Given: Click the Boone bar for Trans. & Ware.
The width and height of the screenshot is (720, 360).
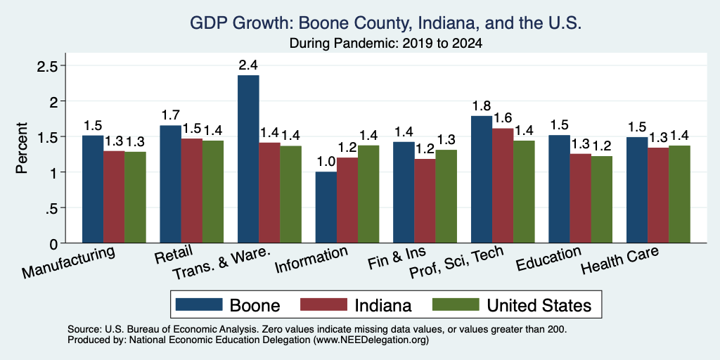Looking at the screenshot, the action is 248,159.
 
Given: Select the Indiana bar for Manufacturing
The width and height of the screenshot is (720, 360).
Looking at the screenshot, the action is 114,197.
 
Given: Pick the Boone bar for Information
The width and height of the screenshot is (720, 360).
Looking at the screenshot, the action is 326,207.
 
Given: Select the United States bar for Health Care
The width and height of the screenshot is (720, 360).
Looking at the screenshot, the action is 680,194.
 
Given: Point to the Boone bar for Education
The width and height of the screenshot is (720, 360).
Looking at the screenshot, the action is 559,189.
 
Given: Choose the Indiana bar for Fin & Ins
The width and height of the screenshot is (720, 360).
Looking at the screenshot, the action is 425,201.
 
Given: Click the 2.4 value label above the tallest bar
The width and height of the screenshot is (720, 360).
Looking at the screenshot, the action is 248,65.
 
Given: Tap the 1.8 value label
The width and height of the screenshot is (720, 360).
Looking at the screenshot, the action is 482,106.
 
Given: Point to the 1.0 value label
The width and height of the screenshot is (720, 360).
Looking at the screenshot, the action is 326,162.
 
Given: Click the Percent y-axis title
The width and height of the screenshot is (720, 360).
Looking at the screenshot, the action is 22,148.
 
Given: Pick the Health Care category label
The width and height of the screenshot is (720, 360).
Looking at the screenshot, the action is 619,260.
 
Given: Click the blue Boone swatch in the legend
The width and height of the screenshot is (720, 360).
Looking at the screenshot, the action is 199,304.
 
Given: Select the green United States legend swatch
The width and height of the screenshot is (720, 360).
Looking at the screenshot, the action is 456,304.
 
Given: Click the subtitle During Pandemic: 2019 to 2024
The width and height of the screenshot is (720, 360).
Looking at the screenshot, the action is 386,44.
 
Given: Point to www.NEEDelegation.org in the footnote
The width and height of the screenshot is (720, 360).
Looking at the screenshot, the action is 371,340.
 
